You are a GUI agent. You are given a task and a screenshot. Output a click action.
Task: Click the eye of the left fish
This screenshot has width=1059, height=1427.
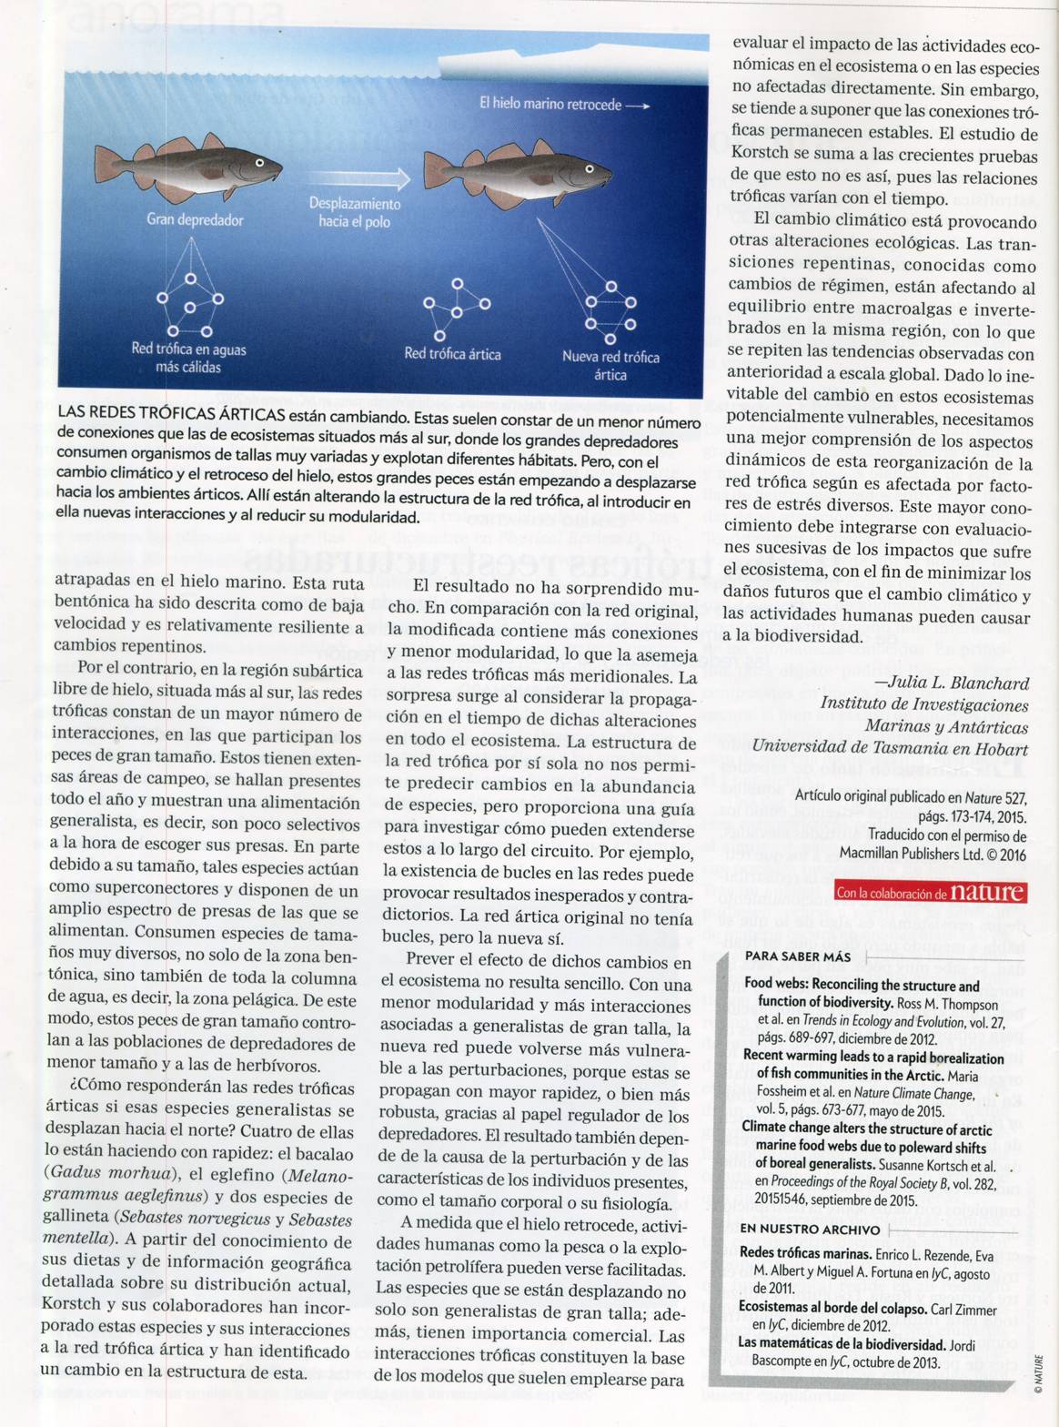(x=259, y=164)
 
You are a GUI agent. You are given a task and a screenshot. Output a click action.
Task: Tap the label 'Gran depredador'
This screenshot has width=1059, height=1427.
(x=195, y=220)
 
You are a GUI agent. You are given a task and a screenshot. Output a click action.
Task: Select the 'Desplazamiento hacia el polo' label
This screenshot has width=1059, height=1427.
(x=355, y=213)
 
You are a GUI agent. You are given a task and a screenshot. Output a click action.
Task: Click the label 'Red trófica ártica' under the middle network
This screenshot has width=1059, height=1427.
(x=452, y=354)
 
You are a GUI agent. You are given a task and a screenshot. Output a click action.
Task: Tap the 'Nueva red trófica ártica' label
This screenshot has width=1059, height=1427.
(x=610, y=366)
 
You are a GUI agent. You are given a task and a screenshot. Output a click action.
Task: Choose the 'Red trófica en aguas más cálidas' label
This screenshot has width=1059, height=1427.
(x=188, y=358)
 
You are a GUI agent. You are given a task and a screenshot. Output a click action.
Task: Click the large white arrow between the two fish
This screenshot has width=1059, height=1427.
(x=355, y=177)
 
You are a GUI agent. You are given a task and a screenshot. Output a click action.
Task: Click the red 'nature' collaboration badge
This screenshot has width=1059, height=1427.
(x=930, y=892)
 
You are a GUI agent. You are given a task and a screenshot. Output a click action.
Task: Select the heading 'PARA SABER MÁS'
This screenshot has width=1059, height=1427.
(x=797, y=956)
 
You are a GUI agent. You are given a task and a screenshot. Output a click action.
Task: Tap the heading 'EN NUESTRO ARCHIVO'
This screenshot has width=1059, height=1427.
(x=810, y=1230)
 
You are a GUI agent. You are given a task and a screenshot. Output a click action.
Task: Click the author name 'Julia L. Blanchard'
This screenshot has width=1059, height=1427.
(x=952, y=683)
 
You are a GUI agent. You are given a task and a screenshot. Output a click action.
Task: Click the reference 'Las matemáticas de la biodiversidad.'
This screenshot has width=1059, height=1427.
(x=842, y=1343)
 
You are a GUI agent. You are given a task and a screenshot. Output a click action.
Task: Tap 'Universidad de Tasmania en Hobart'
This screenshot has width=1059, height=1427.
(x=890, y=749)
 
